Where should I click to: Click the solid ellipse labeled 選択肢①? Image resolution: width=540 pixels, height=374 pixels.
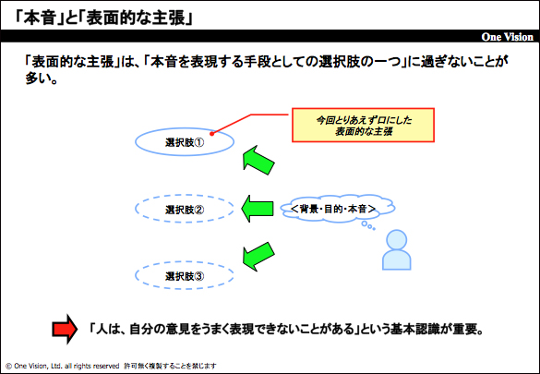point(185,129)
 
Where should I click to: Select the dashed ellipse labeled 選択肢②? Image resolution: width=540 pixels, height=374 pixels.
point(185,196)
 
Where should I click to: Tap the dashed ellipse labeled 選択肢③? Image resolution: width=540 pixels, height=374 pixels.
point(185,262)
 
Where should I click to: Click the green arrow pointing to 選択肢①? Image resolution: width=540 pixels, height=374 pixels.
point(258,160)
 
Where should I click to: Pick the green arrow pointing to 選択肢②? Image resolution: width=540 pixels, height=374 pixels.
point(257,209)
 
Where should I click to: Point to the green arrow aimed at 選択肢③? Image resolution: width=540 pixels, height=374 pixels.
point(258,256)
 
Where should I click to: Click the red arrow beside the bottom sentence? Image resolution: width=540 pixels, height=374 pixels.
point(65,330)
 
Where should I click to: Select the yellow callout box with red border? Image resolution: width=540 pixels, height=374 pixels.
point(363,125)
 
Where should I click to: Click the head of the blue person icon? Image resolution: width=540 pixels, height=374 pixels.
point(397,239)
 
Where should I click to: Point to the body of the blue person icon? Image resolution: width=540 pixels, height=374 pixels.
point(397,260)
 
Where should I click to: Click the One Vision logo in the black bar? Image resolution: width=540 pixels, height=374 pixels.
point(508,37)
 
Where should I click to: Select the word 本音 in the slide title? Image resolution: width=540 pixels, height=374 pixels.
point(40,18)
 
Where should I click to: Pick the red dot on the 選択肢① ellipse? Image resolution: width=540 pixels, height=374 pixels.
point(212,134)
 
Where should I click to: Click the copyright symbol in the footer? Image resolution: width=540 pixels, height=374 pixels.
point(8,366)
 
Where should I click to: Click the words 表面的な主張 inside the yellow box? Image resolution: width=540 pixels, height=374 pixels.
point(364,131)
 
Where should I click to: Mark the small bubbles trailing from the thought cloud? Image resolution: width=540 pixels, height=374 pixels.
point(367,226)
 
